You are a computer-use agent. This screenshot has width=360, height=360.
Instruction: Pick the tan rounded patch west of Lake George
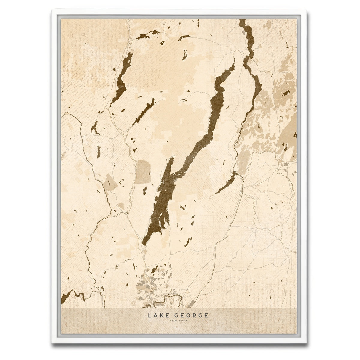tap(143, 172)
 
